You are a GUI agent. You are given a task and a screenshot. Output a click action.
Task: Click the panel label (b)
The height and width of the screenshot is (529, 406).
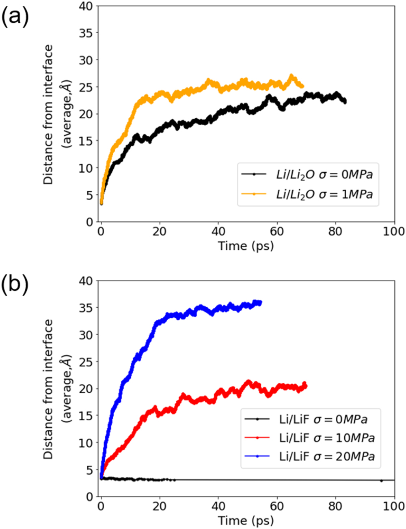[x=15, y=285]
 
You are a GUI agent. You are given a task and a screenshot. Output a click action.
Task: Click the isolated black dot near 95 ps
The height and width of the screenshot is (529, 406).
[x=381, y=481]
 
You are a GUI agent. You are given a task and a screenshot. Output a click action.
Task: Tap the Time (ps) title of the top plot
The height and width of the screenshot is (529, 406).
[x=246, y=246]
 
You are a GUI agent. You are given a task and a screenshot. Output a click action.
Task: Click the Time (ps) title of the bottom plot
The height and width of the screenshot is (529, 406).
[x=246, y=520]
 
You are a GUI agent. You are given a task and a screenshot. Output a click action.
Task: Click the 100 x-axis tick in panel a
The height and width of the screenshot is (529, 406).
[x=394, y=231]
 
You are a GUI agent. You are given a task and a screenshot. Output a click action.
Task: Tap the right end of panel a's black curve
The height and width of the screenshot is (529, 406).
[x=345, y=101]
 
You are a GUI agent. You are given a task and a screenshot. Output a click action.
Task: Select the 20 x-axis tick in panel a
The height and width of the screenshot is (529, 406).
[x=160, y=231]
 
